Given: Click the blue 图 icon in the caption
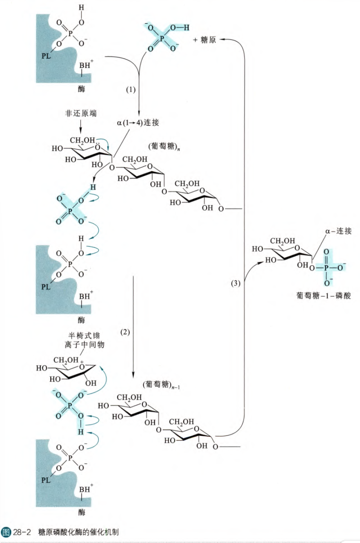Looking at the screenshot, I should click(6, 532).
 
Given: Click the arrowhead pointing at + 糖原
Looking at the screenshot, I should click(223, 39).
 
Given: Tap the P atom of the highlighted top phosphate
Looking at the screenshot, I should click(162, 38).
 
